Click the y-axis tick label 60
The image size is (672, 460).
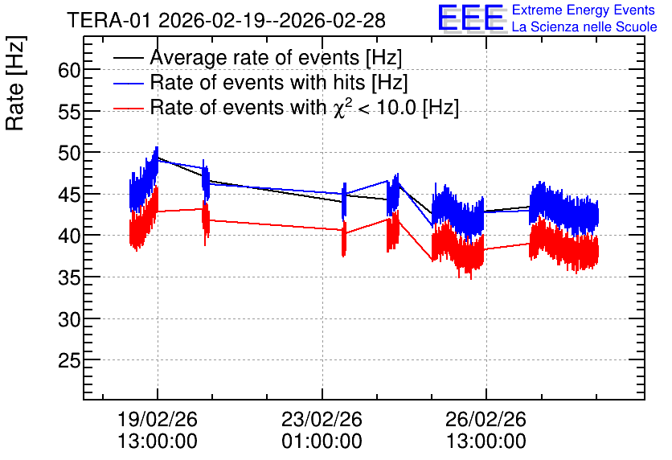(x=69, y=70)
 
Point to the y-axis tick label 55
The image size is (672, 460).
(x=69, y=112)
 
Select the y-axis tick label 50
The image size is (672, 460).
(x=69, y=153)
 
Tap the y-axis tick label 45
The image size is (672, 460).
(x=69, y=195)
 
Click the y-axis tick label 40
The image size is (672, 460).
(x=69, y=236)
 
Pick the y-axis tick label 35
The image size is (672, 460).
(x=69, y=277)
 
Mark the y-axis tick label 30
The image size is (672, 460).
(x=69, y=319)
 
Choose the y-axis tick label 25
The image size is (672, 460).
(x=69, y=360)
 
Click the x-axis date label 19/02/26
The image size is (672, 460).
(x=158, y=419)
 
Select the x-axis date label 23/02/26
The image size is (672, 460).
(x=322, y=419)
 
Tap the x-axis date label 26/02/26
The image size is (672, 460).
(x=486, y=419)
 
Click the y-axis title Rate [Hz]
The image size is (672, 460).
(x=15, y=83)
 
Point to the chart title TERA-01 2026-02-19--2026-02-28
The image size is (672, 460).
(x=227, y=20)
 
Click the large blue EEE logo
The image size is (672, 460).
(x=471, y=18)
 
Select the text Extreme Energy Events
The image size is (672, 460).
(x=584, y=10)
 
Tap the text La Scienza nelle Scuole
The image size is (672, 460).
(x=584, y=27)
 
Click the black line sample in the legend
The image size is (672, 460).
(x=129, y=58)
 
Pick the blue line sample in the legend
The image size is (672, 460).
(x=129, y=83)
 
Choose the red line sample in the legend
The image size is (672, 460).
(x=129, y=108)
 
